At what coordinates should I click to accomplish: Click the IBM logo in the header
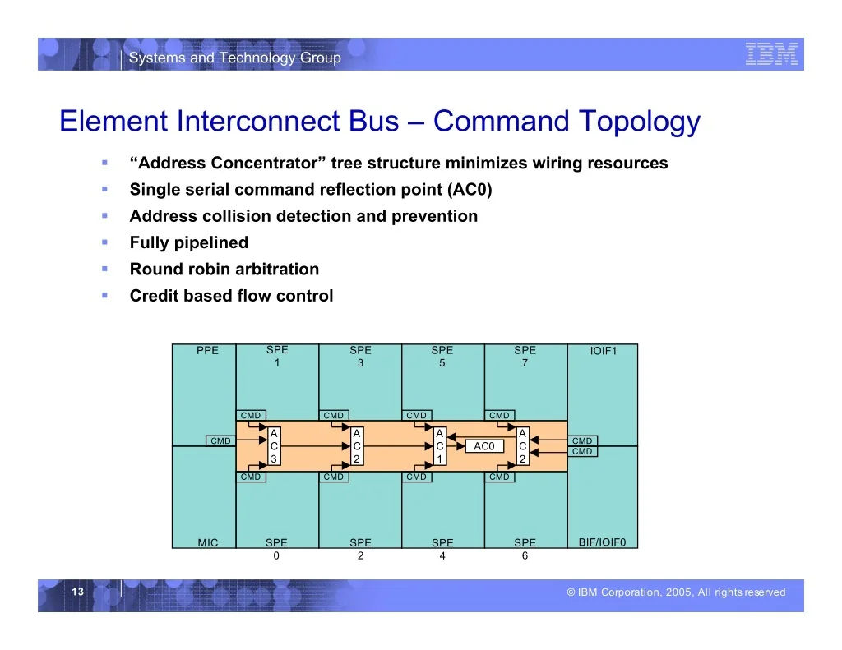pos(771,54)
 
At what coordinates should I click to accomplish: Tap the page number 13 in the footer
pos(78,592)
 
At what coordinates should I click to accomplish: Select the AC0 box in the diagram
pos(484,446)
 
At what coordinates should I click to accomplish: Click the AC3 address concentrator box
pos(274,446)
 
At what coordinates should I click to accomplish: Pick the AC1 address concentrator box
pos(440,446)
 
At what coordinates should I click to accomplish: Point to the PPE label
pos(207,351)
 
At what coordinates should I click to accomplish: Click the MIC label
pos(208,542)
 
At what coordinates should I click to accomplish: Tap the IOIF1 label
pos(604,351)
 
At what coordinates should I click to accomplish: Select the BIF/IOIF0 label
pos(602,542)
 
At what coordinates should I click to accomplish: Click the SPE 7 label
pos(525,357)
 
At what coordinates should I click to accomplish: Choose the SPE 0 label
pos(276,549)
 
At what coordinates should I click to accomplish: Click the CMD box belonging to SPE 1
pos(251,416)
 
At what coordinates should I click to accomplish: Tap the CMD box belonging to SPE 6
pos(499,477)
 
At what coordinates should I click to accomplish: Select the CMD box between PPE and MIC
pos(220,440)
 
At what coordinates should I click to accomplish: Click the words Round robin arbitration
pos(224,269)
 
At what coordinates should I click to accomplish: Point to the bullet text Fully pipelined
pos(189,242)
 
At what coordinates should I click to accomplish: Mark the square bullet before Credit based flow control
pos(104,295)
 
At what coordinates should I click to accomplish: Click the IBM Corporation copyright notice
pos(676,592)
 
